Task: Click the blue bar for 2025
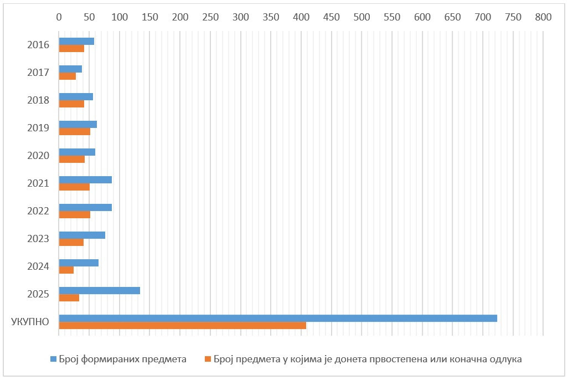tap(100, 291)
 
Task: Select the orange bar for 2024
tap(66, 270)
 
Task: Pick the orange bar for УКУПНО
tap(183, 325)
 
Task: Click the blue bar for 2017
tap(70, 69)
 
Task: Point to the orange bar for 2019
tap(75, 131)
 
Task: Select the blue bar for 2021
tap(85, 179)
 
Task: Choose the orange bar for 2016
tap(71, 48)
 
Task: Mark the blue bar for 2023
tap(82, 235)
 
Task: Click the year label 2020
tap(38, 156)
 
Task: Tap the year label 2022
tap(38, 211)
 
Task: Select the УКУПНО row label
tap(30, 322)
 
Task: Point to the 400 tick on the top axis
tap(301, 17)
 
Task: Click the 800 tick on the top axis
tap(544, 17)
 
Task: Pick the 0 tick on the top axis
tap(59, 17)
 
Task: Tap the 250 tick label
tap(210, 17)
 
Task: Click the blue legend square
tap(53, 359)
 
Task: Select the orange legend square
tap(208, 359)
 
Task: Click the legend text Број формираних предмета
tap(123, 359)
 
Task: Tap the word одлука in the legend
tap(506, 359)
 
